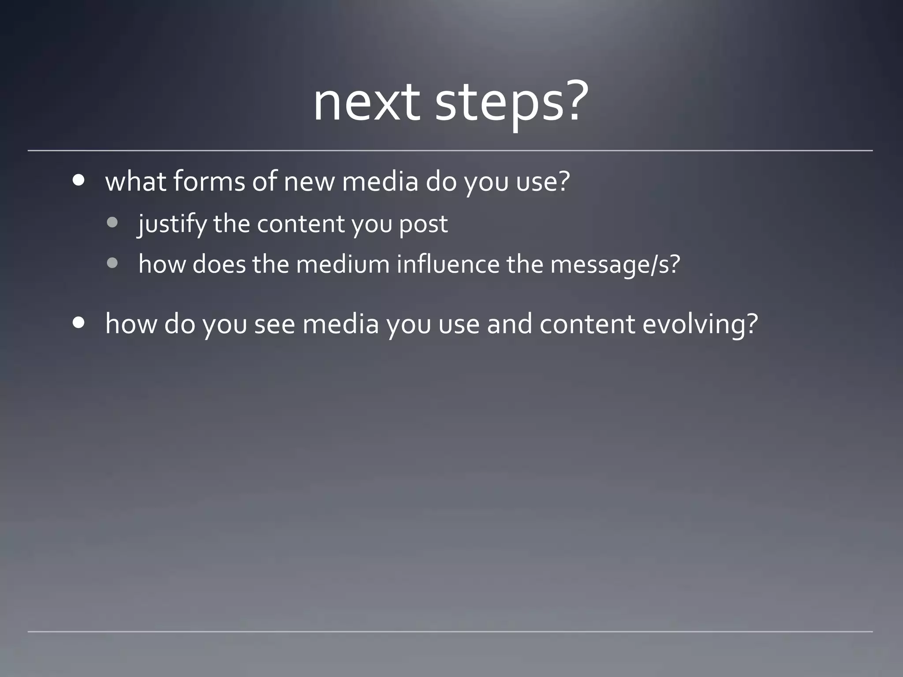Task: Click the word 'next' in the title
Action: (x=366, y=104)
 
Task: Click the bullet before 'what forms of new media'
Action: (x=79, y=180)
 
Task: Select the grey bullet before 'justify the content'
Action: (x=112, y=223)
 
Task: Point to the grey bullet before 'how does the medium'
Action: (x=112, y=263)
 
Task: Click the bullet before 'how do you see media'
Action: (x=79, y=323)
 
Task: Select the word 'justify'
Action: (x=172, y=224)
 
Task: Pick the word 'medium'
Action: (x=343, y=264)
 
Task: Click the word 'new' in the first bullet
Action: (x=309, y=182)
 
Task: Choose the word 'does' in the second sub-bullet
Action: (x=219, y=264)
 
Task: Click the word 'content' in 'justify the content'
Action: (x=301, y=224)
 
